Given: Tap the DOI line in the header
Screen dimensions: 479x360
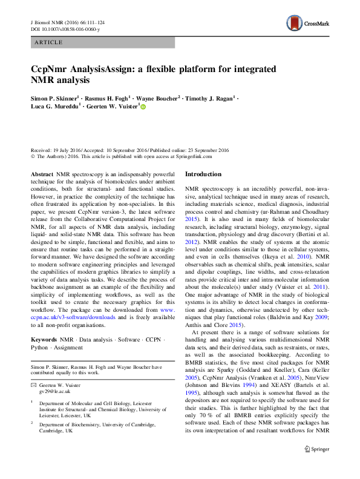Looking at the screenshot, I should click(65, 29).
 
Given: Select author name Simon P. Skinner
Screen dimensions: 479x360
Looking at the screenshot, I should click(54, 97).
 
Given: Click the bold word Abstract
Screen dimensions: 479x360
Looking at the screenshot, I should click(42, 174).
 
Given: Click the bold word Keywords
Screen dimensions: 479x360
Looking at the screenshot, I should click(45, 340).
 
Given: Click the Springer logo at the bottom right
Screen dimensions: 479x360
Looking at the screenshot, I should click(316, 466).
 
